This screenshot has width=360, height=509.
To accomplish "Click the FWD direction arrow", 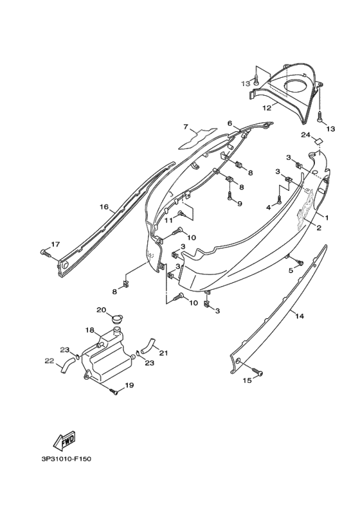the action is pos(64,440).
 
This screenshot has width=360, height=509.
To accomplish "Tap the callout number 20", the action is pos(102,310).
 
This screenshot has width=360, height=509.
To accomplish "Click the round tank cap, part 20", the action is pos(116,319).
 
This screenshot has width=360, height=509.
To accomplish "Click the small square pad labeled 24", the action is pos(319,141).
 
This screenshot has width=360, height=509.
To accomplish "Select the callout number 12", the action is pos(267,108).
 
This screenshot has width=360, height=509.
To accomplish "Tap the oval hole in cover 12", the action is pos(296,85).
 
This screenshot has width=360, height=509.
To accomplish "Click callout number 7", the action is pos(186,127).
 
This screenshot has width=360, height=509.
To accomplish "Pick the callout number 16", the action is pos(104,206).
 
